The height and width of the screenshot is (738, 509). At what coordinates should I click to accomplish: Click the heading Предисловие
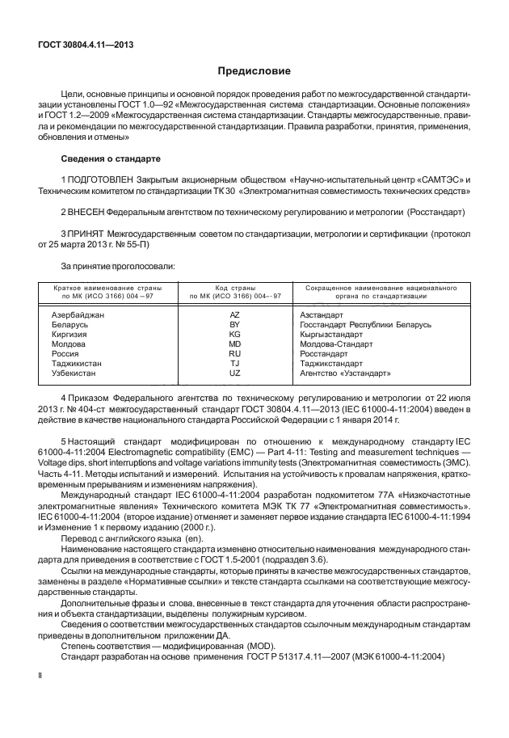coord(254,71)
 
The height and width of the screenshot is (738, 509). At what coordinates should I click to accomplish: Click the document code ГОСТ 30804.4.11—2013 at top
coord(86,44)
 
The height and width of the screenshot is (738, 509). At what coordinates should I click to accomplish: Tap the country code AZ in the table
coord(235,313)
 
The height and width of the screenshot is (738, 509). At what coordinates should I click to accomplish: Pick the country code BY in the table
coord(235,323)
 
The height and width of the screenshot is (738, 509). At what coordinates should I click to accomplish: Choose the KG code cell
coord(235,333)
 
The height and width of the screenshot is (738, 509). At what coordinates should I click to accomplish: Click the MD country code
coord(235,344)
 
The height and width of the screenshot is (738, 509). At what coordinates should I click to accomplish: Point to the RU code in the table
coord(235,353)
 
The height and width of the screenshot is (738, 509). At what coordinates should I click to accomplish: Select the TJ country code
coord(235,364)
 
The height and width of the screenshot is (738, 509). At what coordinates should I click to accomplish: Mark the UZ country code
coord(235,373)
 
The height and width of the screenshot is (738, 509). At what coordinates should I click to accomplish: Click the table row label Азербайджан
coord(78,313)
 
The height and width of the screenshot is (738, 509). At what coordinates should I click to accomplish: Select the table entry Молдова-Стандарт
coord(337,344)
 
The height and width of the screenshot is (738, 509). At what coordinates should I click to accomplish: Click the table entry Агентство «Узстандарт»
coord(345,373)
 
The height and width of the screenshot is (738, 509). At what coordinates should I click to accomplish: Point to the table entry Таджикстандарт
coord(331,364)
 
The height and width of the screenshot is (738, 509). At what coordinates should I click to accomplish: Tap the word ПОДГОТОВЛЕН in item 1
coord(99,177)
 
